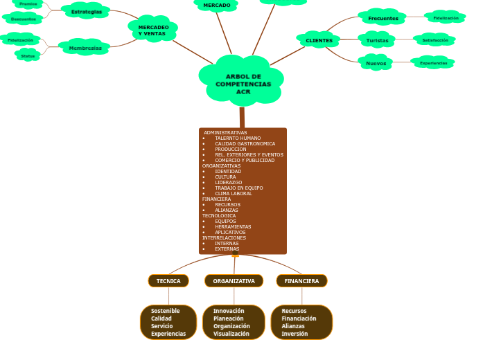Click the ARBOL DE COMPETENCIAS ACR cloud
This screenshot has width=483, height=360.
coord(243,83)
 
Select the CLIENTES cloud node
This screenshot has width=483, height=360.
coord(319,40)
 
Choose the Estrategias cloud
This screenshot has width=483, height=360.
coord(87,12)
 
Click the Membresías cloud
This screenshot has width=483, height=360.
coord(85,48)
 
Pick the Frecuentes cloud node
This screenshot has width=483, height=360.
coord(383,18)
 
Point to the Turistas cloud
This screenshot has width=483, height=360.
coord(378,40)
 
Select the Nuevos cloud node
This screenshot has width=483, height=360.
coord(376,63)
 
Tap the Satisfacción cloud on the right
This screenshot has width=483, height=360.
coord(434,40)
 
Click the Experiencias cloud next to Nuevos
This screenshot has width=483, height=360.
coord(433,63)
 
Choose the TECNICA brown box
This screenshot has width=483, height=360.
coord(168,281)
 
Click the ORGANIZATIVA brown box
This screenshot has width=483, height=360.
coord(234,281)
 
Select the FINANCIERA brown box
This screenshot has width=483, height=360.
coord(301,281)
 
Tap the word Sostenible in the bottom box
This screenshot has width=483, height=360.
coord(165,311)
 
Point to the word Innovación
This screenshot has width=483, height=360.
coord(229,311)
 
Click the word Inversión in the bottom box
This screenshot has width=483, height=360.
coord(295,334)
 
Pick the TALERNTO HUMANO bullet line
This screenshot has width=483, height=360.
coord(238,138)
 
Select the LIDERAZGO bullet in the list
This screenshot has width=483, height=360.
coord(229,183)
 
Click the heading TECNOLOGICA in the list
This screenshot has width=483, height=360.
coord(219,216)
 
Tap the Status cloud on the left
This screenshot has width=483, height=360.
coord(28,55)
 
